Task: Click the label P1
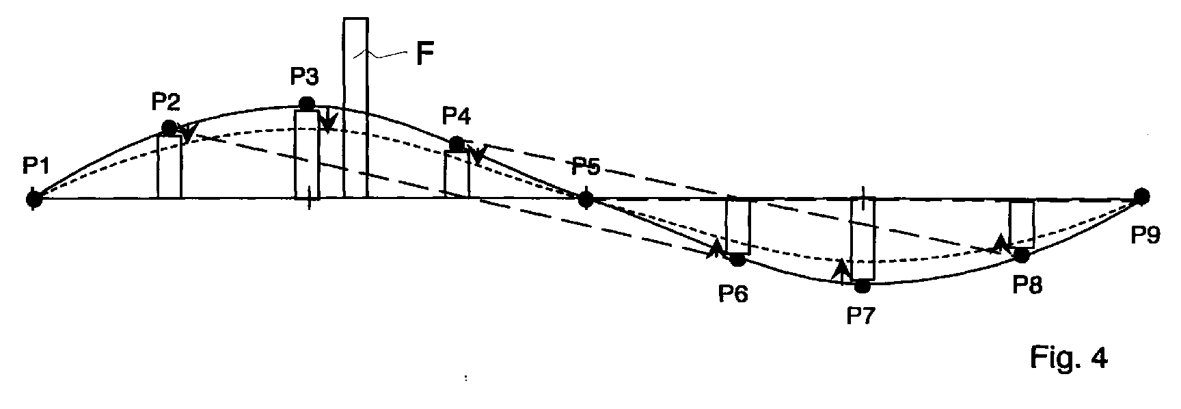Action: click(35, 166)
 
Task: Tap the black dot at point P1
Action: click(33, 199)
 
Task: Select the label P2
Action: click(165, 102)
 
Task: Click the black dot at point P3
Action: click(307, 104)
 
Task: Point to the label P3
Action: click(305, 76)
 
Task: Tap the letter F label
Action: click(424, 54)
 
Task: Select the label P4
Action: click(456, 116)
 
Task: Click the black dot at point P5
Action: click(586, 199)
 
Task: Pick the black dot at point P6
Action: click(737, 260)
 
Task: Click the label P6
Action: click(733, 293)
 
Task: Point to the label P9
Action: click(1145, 235)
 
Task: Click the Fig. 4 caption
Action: click(1068, 358)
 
